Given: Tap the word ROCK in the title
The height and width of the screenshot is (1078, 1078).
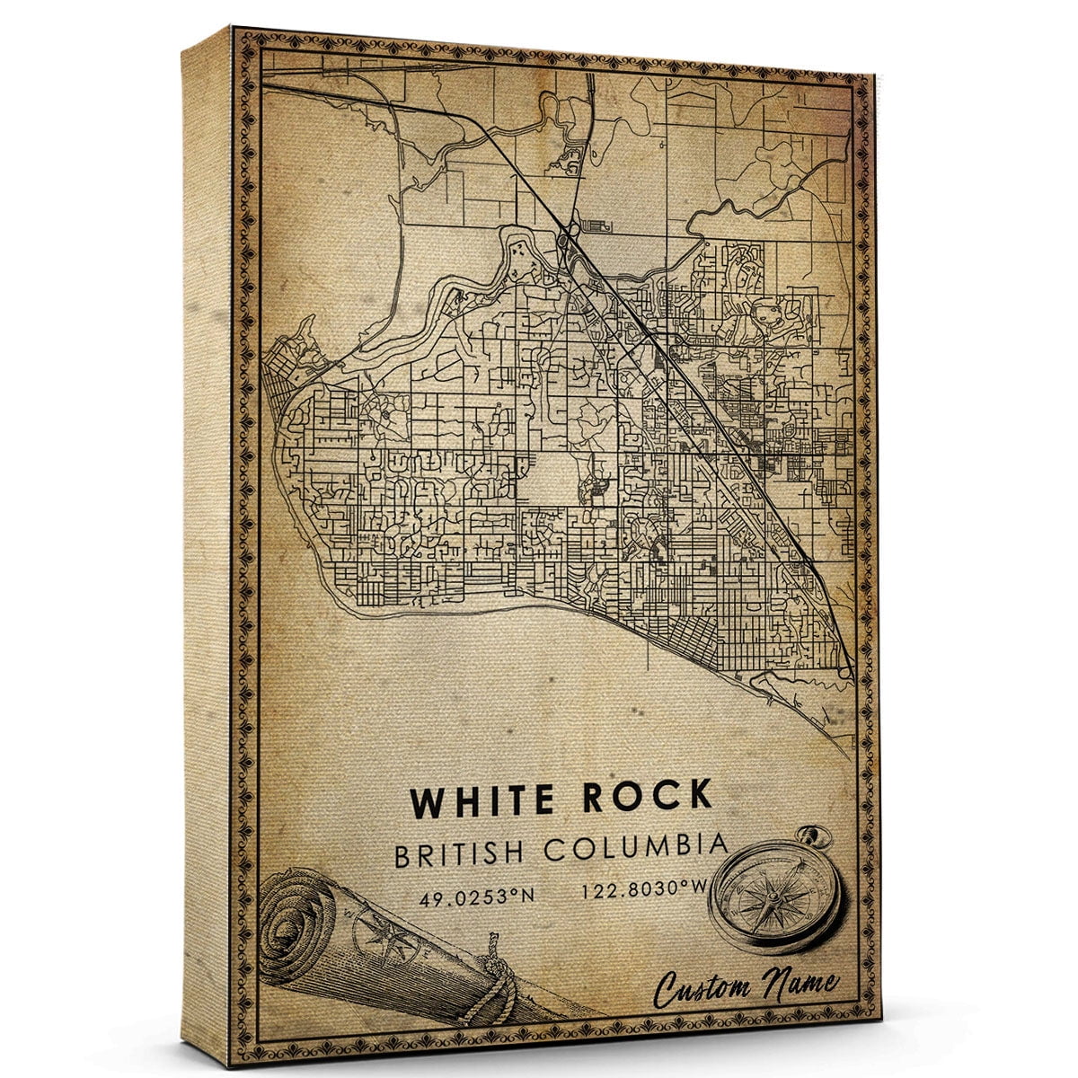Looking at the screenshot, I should (x=647, y=797).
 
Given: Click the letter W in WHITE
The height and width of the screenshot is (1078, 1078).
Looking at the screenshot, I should (x=427, y=800).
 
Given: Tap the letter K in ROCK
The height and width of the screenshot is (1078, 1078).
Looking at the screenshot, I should (x=696, y=796).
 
